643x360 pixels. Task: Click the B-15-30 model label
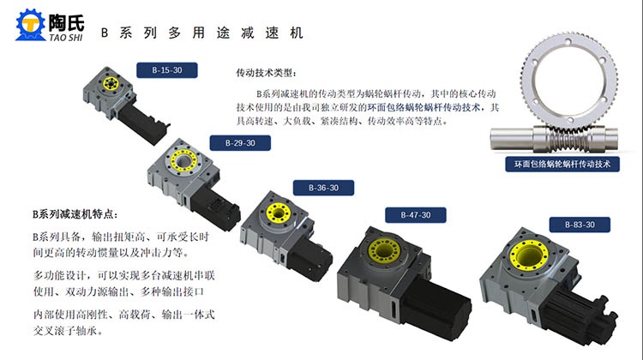[167, 70]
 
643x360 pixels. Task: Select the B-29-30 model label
[240, 143]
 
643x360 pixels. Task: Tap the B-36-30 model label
[323, 188]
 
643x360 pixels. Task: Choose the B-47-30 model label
[416, 215]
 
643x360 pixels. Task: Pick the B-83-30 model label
[580, 225]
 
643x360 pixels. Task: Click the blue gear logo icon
[30, 25]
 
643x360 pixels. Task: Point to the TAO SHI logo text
[66, 38]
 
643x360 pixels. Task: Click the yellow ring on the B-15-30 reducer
[111, 84]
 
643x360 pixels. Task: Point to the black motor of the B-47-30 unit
[435, 307]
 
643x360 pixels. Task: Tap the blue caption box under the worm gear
[562, 164]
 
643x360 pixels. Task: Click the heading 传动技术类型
[266, 74]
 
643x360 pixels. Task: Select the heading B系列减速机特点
[75, 214]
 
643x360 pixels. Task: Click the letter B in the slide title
[105, 33]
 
